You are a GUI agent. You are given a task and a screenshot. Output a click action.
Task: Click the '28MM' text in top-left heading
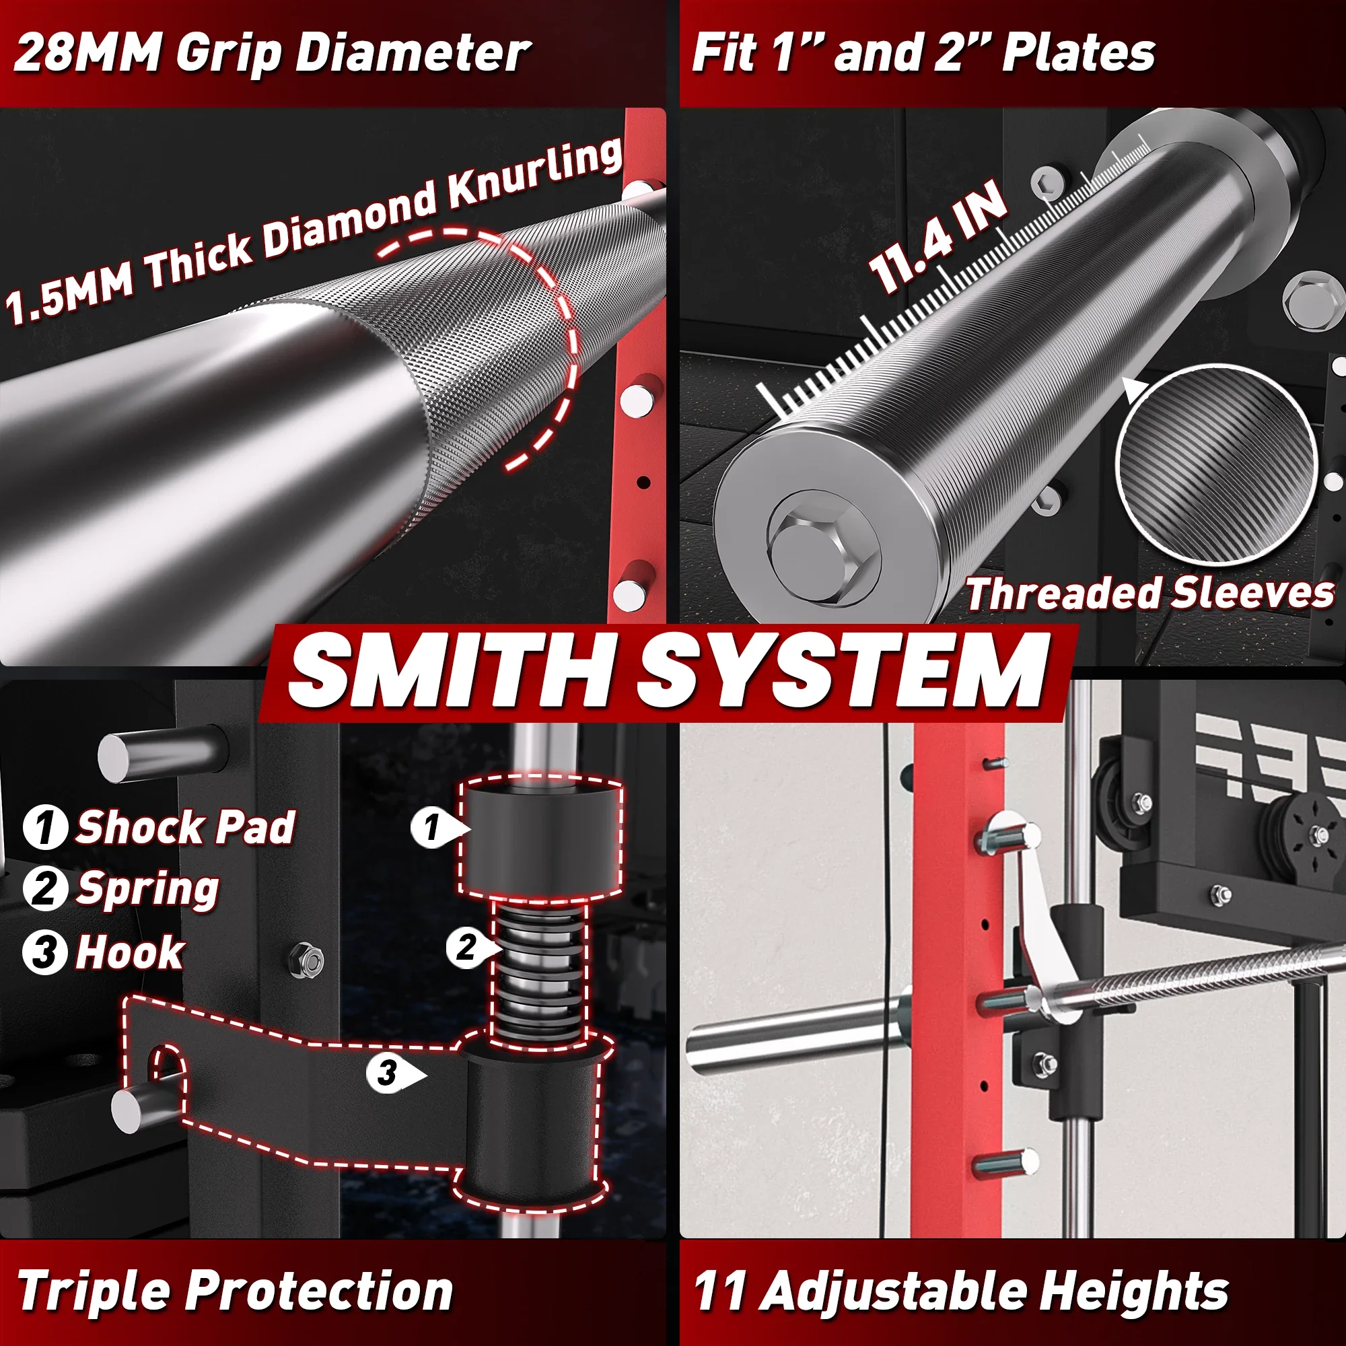coord(87,53)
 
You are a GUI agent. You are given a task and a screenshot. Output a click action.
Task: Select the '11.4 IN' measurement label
coord(937,237)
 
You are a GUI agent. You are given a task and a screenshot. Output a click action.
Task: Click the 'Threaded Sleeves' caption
coord(1149,594)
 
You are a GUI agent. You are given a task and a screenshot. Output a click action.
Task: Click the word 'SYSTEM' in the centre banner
coord(843,672)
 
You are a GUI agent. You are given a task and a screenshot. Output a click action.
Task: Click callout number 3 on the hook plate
coord(388,1073)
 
